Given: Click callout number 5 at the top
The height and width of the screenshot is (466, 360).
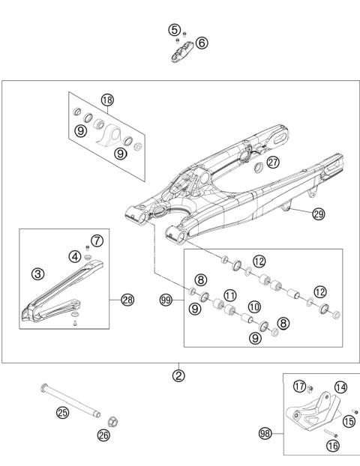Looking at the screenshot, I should (175, 30).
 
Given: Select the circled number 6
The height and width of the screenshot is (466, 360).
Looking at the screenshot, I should (202, 43).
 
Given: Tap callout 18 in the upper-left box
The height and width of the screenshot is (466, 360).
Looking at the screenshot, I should (107, 100).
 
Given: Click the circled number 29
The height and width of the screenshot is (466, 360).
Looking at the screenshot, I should (318, 214).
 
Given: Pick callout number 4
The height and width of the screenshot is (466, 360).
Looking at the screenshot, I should (75, 256).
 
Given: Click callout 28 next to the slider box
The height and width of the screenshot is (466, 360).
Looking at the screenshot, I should (127, 300).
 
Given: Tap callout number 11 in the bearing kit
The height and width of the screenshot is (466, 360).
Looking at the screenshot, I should (230, 294).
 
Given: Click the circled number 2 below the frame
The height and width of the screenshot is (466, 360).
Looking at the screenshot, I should (178, 375).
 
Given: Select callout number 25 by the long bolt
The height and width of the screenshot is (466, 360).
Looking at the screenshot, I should (63, 411).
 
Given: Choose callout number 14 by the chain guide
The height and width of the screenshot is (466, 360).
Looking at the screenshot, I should (341, 387).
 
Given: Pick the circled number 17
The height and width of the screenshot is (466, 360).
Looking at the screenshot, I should (300, 387).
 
